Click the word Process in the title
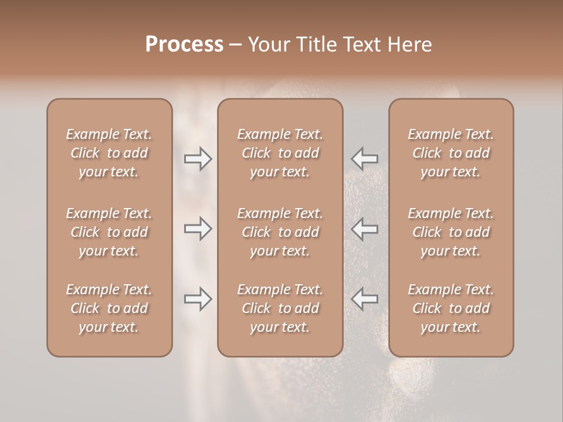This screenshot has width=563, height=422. (184, 45)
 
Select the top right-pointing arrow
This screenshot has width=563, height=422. (198, 158)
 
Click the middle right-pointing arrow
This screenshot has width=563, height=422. (198, 229)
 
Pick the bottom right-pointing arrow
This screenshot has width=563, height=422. (198, 299)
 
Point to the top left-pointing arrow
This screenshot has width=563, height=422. (365, 158)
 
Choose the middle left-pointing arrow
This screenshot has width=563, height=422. (365, 229)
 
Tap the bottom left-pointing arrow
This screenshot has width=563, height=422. (365, 299)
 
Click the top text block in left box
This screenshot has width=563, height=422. (109, 153)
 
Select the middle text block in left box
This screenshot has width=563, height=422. (109, 232)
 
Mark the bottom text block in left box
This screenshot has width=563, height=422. (109, 308)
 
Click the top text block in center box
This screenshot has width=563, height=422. (280, 153)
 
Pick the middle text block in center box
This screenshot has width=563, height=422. (280, 232)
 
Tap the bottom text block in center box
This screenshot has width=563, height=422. (280, 308)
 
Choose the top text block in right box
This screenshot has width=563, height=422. (451, 153)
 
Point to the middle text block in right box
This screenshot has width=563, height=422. (451, 232)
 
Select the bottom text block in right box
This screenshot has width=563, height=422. (451, 308)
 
